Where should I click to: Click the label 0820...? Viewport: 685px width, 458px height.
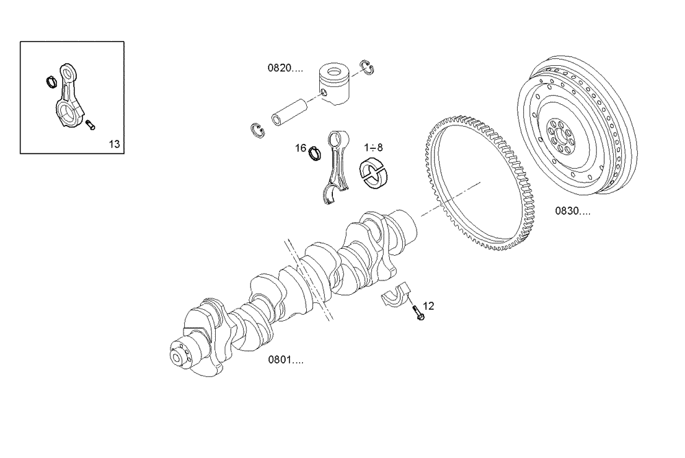[x=285, y=68]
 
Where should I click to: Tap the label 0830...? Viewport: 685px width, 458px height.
[x=573, y=211]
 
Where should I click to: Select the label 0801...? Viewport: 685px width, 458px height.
[x=286, y=360]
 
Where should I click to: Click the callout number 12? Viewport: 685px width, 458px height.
[x=428, y=306]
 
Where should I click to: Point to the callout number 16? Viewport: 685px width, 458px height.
[x=300, y=148]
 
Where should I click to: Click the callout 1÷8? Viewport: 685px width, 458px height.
[x=373, y=147]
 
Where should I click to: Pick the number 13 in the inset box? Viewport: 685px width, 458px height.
[x=114, y=143]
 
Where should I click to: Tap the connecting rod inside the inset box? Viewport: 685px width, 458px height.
[x=70, y=99]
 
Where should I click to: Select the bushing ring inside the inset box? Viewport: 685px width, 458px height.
[x=51, y=82]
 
